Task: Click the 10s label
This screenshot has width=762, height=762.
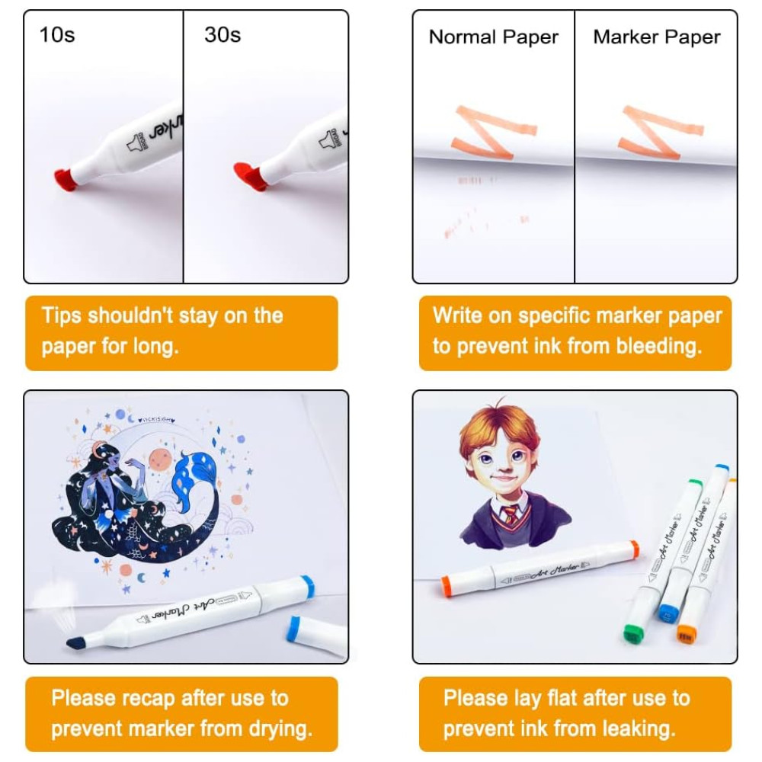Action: (x=57, y=35)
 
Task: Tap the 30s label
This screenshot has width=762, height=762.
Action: (x=223, y=35)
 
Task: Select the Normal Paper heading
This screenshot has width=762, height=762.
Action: (x=493, y=37)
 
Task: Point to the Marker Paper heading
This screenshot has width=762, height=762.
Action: (x=657, y=37)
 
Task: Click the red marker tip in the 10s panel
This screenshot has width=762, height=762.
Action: (x=65, y=178)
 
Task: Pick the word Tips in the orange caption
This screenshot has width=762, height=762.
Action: (x=61, y=315)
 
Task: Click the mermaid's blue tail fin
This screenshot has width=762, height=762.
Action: (x=194, y=477)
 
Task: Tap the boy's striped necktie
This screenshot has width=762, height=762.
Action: (x=511, y=516)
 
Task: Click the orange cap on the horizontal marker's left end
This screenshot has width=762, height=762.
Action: (x=450, y=584)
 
